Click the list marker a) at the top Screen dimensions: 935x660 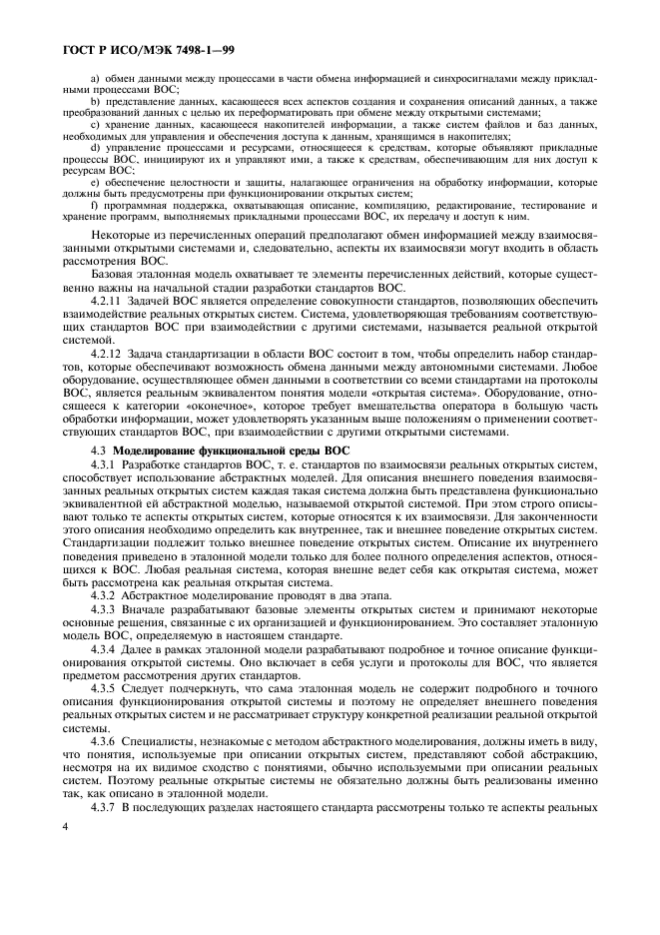point(95,78)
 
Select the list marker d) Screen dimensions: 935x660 point(95,147)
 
